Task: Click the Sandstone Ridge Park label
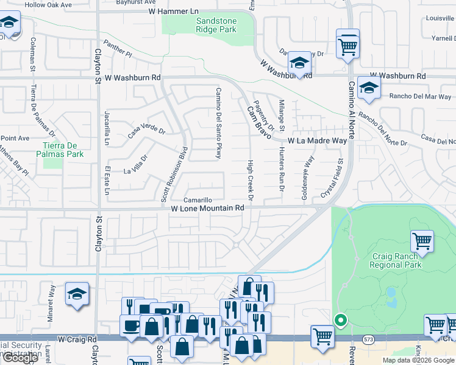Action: [x=216, y=24]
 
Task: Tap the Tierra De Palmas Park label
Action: [x=63, y=150]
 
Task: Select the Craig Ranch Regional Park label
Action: [x=396, y=261]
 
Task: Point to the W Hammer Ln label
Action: [x=174, y=12]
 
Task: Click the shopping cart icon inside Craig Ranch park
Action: [x=422, y=241]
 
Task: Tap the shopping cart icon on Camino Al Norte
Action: [x=347, y=43]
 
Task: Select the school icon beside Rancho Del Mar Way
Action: [x=369, y=87]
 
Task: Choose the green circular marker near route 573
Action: [x=340, y=319]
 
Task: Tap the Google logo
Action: [x=20, y=358]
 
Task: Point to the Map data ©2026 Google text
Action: [x=418, y=360]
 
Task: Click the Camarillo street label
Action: [x=199, y=200]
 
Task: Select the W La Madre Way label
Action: [x=317, y=141]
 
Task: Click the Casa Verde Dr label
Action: [x=146, y=130]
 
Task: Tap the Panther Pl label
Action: [x=118, y=49]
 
